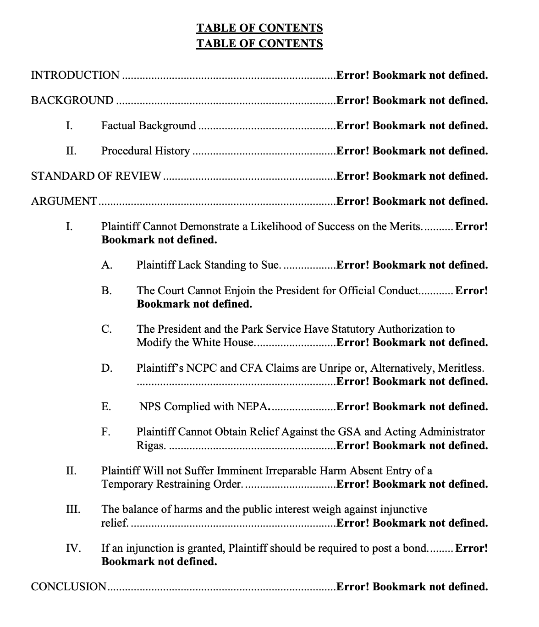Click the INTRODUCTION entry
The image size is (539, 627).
pyautogui.click(x=75, y=75)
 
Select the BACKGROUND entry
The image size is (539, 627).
pyautogui.click(x=72, y=100)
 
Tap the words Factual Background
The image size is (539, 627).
pyautogui.click(x=148, y=126)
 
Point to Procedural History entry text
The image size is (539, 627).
pyautogui.click(x=145, y=151)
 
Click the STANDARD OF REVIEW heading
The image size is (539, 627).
pyautogui.click(x=96, y=176)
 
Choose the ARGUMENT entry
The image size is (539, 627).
pyautogui.click(x=64, y=201)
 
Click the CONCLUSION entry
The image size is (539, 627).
pyautogui.click(x=69, y=587)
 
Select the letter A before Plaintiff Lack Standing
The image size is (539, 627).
pyautogui.click(x=106, y=265)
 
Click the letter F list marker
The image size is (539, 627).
pyautogui.click(x=106, y=432)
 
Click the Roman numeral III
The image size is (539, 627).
pyautogui.click(x=72, y=509)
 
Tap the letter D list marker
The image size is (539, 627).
pyautogui.click(x=107, y=368)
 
